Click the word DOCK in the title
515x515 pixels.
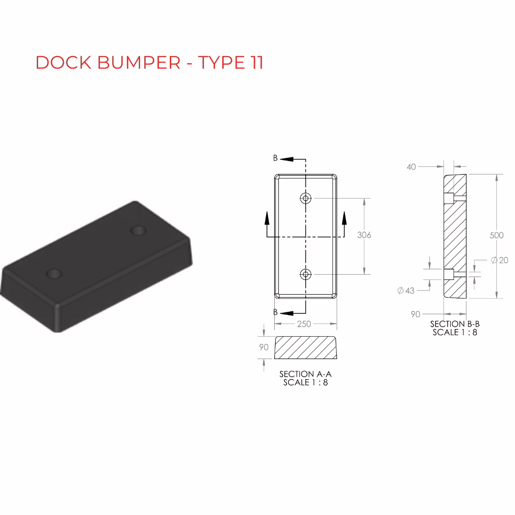click(63, 62)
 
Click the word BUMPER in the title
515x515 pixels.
click(139, 62)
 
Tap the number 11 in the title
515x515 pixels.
click(257, 62)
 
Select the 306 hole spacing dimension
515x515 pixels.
click(364, 235)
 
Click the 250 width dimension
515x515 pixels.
click(304, 324)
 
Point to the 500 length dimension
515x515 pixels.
click(496, 236)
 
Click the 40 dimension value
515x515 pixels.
click(411, 167)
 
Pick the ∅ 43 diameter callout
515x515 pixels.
click(406, 291)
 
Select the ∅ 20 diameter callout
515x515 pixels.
click(500, 260)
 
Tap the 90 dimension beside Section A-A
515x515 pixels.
click(264, 347)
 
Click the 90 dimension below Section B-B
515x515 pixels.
click(415, 314)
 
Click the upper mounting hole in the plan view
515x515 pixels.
click(306, 198)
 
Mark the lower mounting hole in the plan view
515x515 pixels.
click(306, 274)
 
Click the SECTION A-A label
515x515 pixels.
click(306, 374)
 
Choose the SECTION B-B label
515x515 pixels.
click(455, 324)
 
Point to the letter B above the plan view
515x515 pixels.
click(275, 158)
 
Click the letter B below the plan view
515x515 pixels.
click(275, 312)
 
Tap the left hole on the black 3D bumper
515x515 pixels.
click(54, 274)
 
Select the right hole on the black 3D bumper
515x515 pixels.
click(138, 230)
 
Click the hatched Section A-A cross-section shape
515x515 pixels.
click(306, 348)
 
